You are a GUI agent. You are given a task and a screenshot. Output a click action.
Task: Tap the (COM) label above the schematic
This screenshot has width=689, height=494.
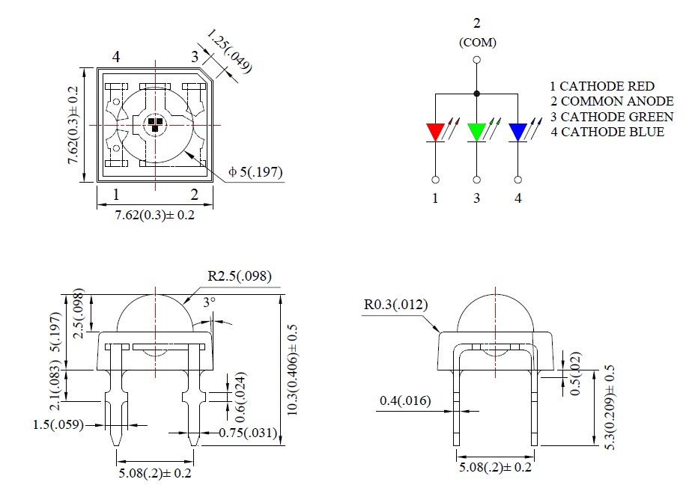point(477,43)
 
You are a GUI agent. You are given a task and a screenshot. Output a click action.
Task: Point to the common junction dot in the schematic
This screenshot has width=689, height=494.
point(477,94)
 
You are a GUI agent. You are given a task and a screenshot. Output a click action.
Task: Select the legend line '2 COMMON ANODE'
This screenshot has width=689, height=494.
point(610,101)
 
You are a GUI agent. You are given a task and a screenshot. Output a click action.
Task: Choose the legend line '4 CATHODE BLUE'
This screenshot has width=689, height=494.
point(607,132)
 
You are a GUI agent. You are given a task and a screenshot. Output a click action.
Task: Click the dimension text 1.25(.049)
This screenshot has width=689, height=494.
point(229,52)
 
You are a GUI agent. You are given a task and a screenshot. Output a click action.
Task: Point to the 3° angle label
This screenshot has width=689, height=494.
point(210,303)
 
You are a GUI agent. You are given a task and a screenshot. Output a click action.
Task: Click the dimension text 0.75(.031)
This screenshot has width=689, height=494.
point(247,433)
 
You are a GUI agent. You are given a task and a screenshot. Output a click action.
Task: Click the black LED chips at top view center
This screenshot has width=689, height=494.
point(154,124)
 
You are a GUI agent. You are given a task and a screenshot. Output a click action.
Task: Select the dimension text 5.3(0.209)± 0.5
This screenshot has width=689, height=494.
point(609,407)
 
